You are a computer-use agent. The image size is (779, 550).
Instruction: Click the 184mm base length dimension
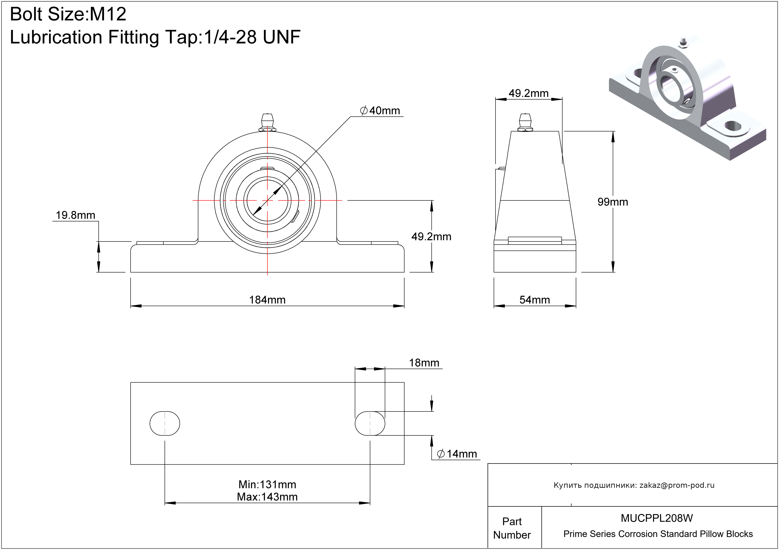click(x=267, y=300)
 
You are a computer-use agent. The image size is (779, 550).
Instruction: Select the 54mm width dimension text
click(x=535, y=300)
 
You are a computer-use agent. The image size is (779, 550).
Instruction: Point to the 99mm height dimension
click(x=613, y=202)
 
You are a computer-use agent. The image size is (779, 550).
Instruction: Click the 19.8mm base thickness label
click(x=75, y=215)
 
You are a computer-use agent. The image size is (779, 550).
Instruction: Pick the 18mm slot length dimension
click(x=424, y=363)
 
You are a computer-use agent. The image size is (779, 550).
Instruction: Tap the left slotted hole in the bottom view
click(x=165, y=424)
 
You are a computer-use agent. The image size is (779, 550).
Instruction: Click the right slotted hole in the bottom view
click(x=370, y=424)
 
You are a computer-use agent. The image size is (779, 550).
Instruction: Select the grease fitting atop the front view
click(x=267, y=122)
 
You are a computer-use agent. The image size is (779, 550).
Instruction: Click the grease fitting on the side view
click(x=525, y=122)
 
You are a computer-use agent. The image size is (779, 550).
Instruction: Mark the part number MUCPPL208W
click(x=657, y=518)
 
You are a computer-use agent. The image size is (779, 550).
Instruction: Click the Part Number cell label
click(x=512, y=528)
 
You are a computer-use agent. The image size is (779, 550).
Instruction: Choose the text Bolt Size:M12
click(x=68, y=14)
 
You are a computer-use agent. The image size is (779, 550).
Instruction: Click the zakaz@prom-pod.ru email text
click(x=677, y=485)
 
